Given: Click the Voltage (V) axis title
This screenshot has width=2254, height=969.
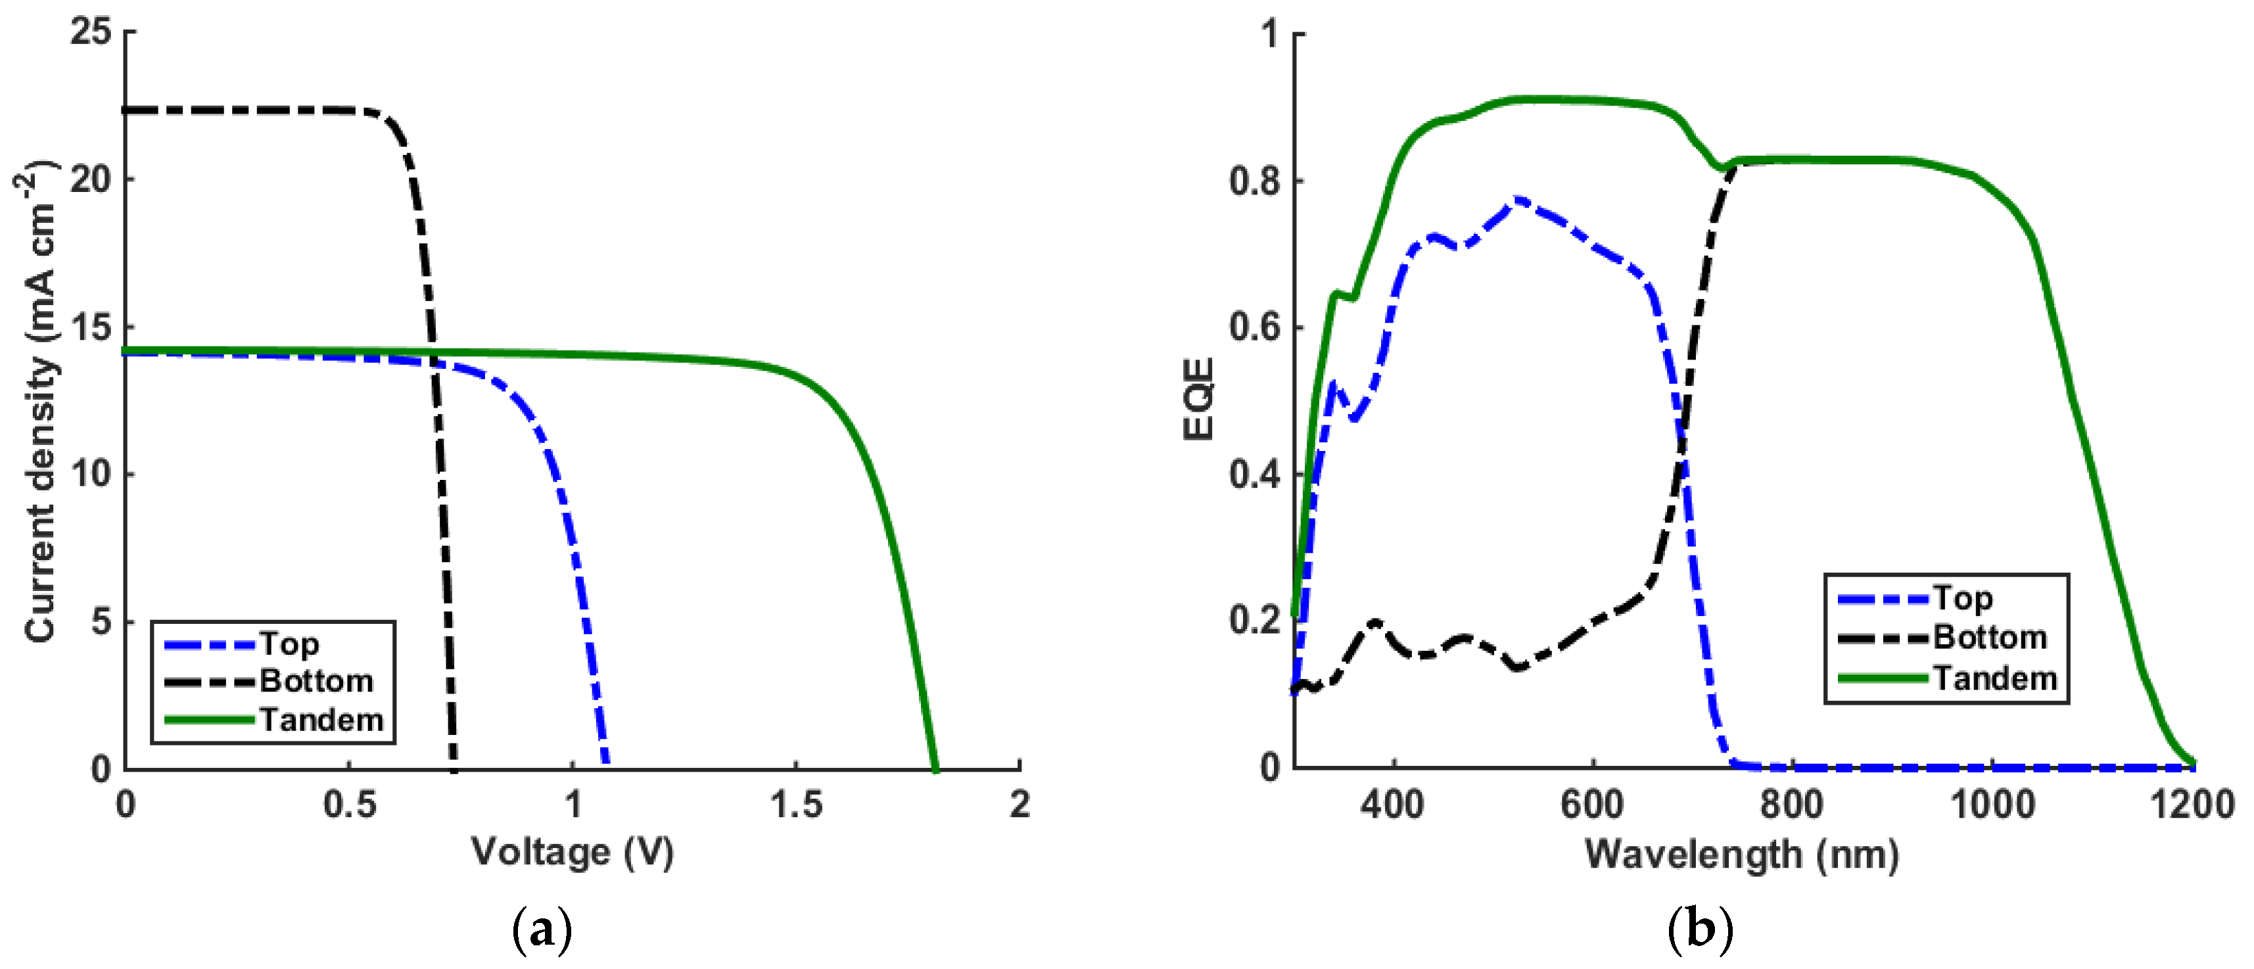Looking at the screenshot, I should point(573,852).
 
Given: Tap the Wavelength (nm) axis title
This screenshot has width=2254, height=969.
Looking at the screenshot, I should point(1741,855).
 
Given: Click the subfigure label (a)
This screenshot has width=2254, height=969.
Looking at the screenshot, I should point(542,930).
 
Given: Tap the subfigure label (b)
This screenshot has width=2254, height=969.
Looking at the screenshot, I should point(1700,930).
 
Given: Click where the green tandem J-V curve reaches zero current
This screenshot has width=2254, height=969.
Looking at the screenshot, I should point(935,768).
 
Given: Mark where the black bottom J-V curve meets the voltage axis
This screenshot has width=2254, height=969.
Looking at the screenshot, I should point(454,768).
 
